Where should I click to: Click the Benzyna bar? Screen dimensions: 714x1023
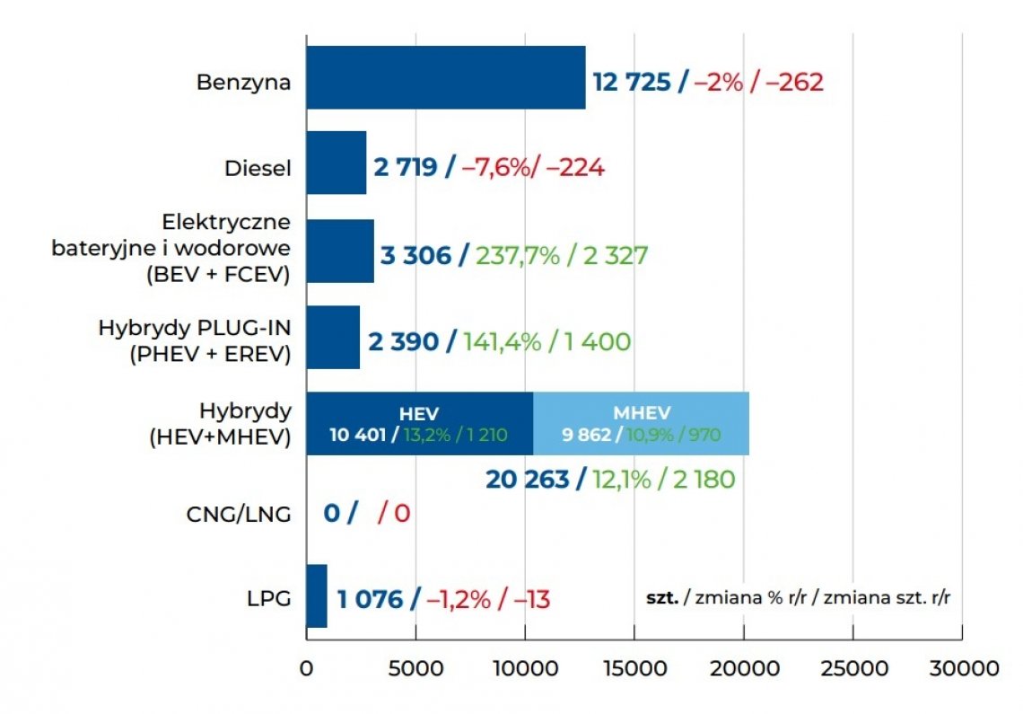click(445, 78)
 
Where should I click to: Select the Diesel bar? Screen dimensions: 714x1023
click(337, 163)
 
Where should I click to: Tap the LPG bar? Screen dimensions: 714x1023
click(317, 596)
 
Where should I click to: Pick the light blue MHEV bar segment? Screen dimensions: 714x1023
click(641, 424)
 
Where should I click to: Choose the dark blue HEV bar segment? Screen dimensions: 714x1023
click(419, 424)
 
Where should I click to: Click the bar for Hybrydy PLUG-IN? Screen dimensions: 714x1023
click(333, 337)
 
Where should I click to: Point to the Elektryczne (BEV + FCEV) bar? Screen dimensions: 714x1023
click(340, 251)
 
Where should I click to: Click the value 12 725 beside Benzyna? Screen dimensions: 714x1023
click(632, 83)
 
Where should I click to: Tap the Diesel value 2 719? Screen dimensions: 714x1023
click(405, 168)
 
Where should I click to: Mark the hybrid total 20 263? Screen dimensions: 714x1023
click(528, 480)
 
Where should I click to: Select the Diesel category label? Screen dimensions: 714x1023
click(258, 168)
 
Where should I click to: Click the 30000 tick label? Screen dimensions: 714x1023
click(961, 670)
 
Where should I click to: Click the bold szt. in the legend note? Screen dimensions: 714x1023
click(662, 598)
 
